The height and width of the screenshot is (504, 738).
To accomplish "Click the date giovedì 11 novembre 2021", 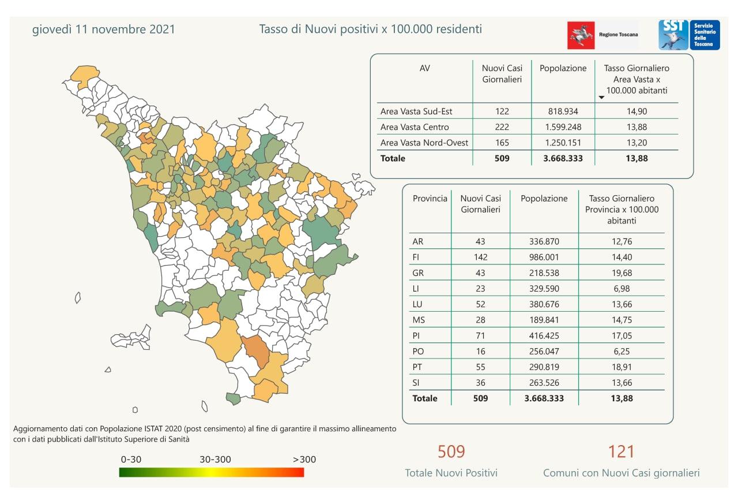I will click(x=103, y=29).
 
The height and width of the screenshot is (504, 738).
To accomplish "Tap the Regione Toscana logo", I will click(x=603, y=35).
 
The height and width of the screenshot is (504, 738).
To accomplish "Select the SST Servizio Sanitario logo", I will click(x=689, y=35).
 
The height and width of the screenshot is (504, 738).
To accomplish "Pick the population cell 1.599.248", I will click(x=563, y=127).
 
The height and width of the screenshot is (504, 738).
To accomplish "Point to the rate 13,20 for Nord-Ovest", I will click(x=636, y=143).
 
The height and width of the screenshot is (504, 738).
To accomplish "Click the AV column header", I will click(x=425, y=68).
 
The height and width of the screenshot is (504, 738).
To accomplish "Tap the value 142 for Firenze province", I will click(x=481, y=257).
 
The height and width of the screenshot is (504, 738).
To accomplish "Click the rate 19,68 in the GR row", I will click(x=622, y=272).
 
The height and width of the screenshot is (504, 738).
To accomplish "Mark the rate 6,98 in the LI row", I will click(x=622, y=288).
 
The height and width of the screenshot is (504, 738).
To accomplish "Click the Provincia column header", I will click(x=430, y=199).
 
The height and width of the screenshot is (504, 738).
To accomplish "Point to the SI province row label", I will click(x=417, y=382).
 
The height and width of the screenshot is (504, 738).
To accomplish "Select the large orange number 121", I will click(x=621, y=451).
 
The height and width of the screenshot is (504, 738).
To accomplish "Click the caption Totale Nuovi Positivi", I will click(x=451, y=473).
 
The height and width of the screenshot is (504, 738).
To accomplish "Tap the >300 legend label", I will click(x=304, y=460).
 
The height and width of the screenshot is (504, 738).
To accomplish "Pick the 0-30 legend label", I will click(x=131, y=460).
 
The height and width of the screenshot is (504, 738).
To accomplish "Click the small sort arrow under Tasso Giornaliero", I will click(x=601, y=98).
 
